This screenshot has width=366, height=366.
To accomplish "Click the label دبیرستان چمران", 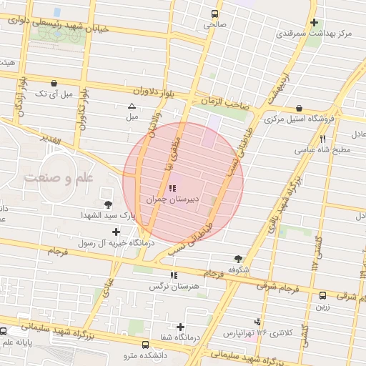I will coord(172,201).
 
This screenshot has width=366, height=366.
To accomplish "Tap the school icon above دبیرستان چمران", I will coord(172,189).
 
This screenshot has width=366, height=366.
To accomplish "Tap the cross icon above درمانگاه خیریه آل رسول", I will coord(117,232).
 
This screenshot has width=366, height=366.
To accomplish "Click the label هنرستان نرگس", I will coord(172,287).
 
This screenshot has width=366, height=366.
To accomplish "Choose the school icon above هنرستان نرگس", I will coord(172,276).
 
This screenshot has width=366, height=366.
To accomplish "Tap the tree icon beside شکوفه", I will coord(237,259).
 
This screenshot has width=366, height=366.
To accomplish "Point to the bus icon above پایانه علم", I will coord(4,332).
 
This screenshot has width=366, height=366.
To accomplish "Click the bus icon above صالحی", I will coord(214,14).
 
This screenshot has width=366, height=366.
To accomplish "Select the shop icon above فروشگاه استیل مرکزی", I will coord(308,109).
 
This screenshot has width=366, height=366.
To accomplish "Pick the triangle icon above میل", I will coord(132,106).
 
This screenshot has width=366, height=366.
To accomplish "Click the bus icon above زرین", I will coord(322,295).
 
